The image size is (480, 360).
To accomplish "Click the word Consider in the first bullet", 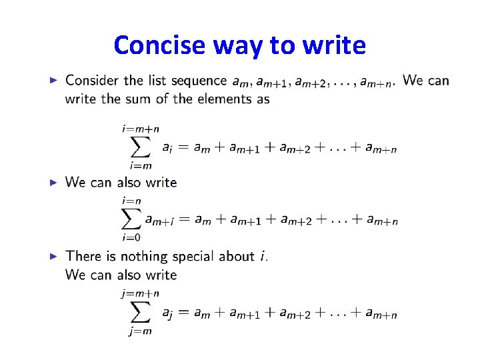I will point(93,81).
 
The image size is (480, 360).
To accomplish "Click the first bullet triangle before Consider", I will point(55,81).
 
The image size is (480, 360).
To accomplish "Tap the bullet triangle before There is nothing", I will point(55,256).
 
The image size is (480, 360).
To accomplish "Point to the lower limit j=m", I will point(139,332).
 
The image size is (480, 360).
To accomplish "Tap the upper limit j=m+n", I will point(140,293).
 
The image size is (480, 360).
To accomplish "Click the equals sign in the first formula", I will point(184,148).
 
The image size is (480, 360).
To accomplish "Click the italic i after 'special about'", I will point(263,256).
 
